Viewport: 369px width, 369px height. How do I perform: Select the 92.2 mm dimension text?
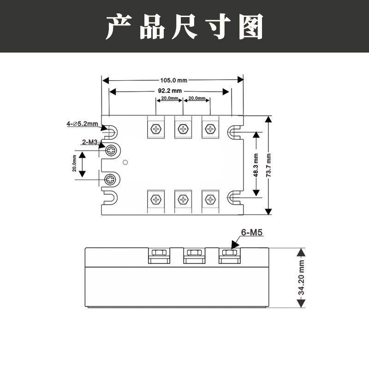coord(170,91)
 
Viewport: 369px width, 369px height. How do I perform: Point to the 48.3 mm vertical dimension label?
coord(256,165)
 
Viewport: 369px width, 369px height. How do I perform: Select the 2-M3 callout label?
coord(89,143)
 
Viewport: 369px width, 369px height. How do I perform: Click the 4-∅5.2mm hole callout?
coord(82,124)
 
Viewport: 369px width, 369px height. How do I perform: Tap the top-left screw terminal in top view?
coord(156,129)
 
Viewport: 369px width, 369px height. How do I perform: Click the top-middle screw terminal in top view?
coord(183,129)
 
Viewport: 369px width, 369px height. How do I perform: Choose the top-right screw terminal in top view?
coord(210,129)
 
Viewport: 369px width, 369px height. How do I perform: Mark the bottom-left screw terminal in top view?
coord(156,199)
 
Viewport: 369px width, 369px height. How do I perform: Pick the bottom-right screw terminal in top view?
coord(210,199)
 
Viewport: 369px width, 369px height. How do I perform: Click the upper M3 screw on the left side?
coord(112,150)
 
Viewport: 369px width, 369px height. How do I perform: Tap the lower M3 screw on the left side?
coord(111,179)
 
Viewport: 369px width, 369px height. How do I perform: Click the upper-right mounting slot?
coord(235,132)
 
